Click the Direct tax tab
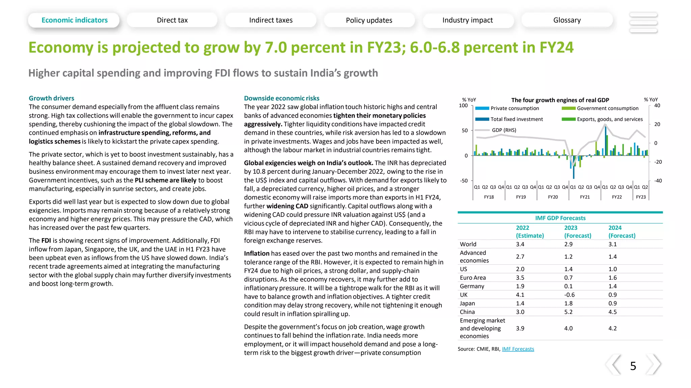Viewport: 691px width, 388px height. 172,20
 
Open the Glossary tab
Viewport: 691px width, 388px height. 567,20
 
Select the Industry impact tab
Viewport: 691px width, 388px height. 467,20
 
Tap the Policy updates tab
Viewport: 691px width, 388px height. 369,20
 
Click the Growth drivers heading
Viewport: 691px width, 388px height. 51,98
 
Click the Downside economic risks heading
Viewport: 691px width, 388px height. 281,98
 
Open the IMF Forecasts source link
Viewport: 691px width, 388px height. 518,349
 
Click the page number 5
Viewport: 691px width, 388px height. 633,366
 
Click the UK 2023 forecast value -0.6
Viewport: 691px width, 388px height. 569,295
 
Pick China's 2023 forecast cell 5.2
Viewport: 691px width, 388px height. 568,312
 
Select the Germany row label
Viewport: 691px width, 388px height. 472,286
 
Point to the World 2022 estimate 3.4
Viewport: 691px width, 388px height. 520,244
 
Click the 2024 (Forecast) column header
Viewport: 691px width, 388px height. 621,232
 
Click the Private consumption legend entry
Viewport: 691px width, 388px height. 515,108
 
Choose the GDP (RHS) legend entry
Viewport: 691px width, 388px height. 504,130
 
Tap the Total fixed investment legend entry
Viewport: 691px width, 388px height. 517,119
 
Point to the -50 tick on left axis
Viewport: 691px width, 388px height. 464,181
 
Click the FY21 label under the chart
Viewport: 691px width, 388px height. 585,197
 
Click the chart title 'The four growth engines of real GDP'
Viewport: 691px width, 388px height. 560,100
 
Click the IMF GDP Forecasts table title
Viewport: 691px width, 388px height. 560,218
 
